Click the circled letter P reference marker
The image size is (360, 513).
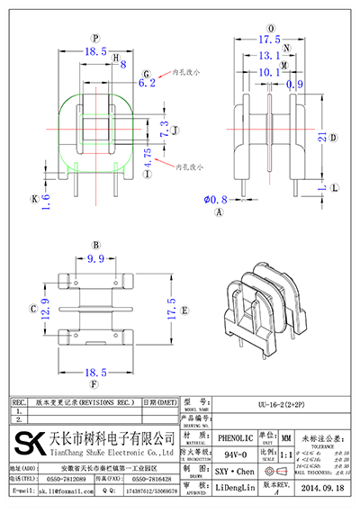pyautogui.click(x=95, y=37)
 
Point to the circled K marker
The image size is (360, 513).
pyautogui.click(x=37, y=198)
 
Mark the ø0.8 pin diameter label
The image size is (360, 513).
pyautogui.click(x=215, y=199)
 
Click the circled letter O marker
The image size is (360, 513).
pyautogui.click(x=269, y=28)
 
